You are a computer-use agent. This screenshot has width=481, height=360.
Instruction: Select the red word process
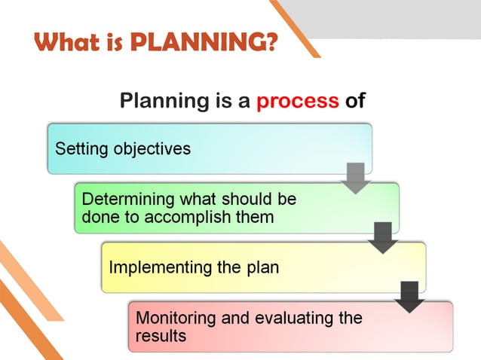click(297, 101)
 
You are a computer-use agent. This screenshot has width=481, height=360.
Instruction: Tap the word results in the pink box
click(161, 336)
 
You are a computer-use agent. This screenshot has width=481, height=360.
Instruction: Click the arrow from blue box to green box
click(356, 178)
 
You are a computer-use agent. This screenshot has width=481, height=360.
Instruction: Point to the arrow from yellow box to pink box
click(410, 296)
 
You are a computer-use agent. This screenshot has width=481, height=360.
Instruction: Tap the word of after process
click(355, 101)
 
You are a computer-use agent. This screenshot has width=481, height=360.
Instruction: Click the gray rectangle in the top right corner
click(400, 17)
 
